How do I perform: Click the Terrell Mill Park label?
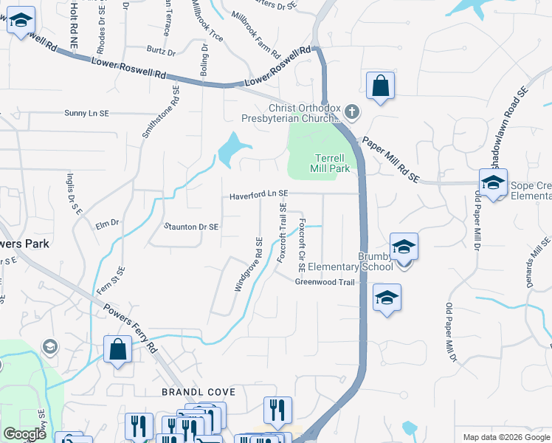pyautogui.click(x=332, y=163)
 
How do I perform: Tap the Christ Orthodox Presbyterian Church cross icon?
pyautogui.click(x=352, y=112)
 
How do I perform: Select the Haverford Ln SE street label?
pyautogui.click(x=258, y=195)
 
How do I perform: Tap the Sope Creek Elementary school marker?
pyautogui.click(x=493, y=182)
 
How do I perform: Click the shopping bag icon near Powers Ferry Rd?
pyautogui.click(x=118, y=349)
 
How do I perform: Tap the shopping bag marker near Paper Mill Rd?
pyautogui.click(x=380, y=86)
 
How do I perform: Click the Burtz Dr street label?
pyautogui.click(x=161, y=52)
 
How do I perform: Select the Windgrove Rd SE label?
pyautogui.click(x=249, y=264)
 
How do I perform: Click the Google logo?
pyautogui.click(x=24, y=434)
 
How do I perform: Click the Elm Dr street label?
pyautogui.click(x=107, y=222)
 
